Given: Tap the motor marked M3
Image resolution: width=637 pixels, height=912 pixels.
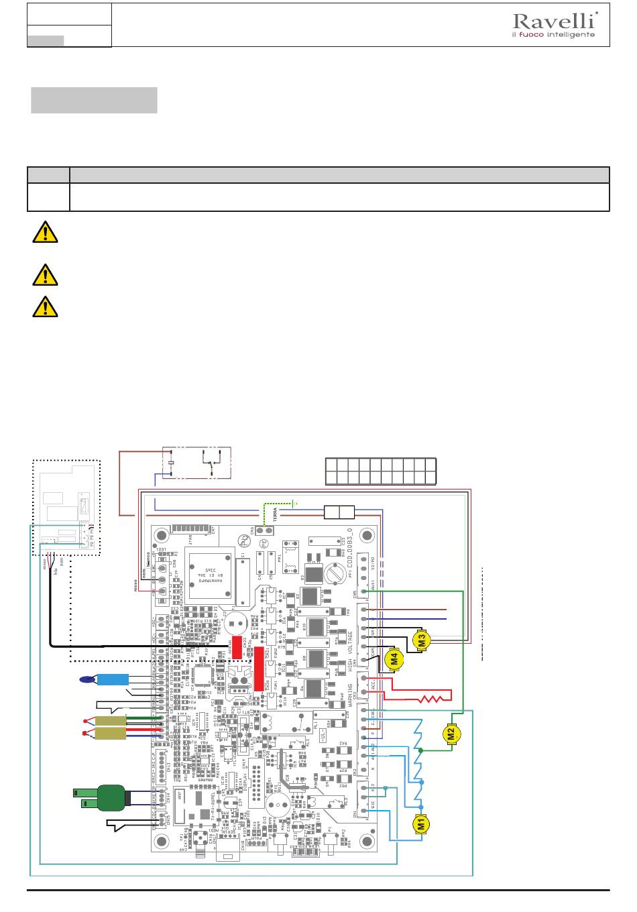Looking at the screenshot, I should click(422, 640).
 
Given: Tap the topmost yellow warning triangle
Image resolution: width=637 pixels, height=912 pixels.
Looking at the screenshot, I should click(44, 233).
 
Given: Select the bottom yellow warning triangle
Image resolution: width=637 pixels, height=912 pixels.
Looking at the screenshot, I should click(44, 306).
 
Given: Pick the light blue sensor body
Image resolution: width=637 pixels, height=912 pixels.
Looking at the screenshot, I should click(113, 679).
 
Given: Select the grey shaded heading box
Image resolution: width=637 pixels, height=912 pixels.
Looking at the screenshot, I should click(94, 100).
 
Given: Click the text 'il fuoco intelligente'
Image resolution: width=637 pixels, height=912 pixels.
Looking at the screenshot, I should click(553, 34).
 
